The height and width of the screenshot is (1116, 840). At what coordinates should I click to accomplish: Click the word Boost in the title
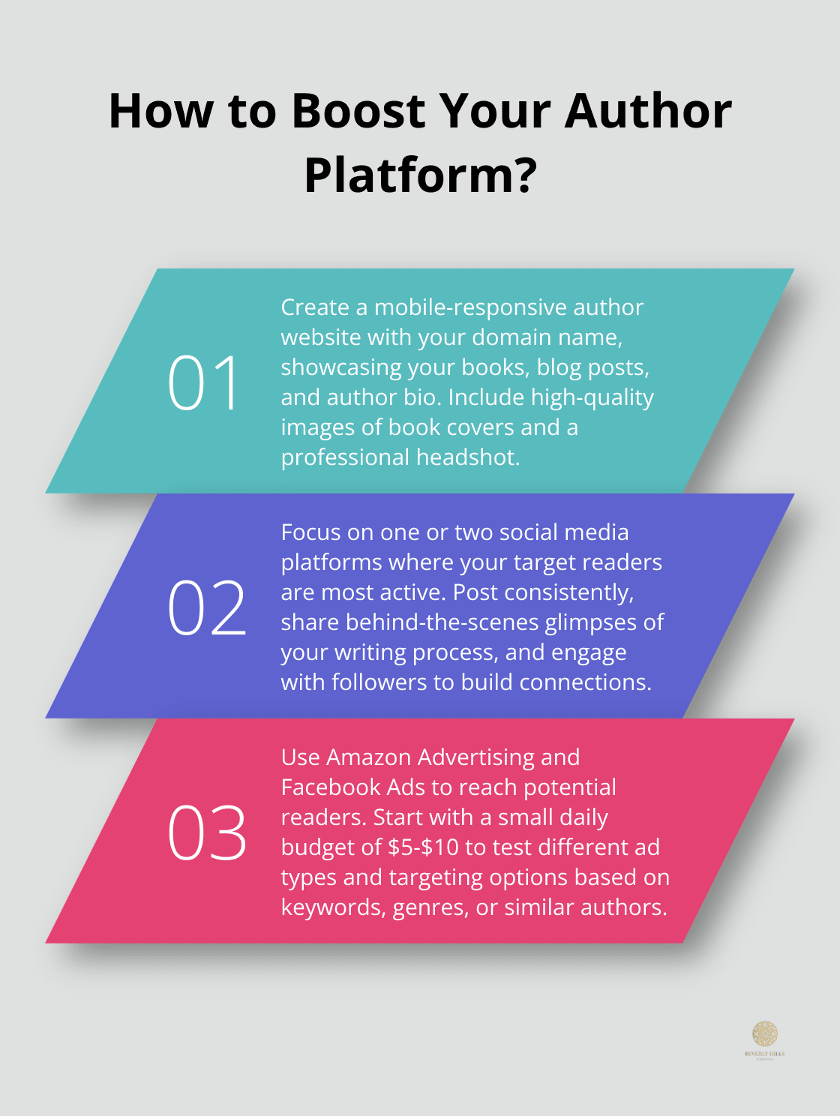[357, 111]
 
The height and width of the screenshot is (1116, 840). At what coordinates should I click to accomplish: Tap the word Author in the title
[647, 111]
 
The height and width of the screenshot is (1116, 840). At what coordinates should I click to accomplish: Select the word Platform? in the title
[421, 175]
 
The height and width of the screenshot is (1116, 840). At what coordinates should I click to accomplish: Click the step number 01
[204, 383]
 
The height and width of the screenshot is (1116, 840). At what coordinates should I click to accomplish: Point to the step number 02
[207, 608]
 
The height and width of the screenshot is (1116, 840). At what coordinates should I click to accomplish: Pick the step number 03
[207, 833]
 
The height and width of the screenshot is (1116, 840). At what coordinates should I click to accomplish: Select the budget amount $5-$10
[423, 847]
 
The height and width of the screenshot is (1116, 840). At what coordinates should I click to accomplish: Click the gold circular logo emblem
[765, 1033]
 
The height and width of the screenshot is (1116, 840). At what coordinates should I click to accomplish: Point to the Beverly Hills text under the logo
[765, 1053]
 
